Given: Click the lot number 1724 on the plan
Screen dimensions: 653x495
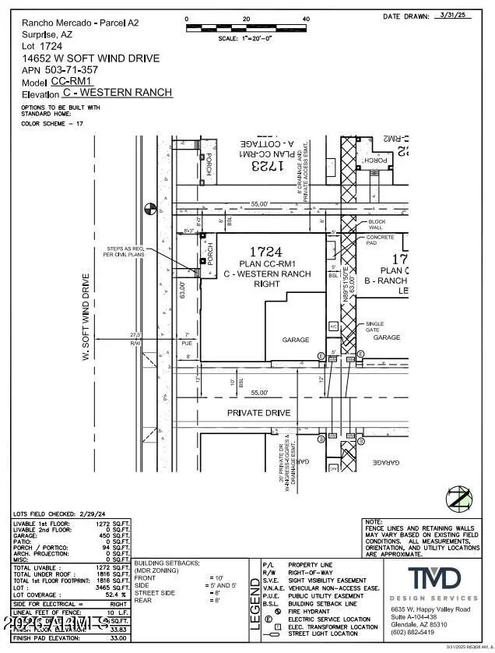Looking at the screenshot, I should [265, 252].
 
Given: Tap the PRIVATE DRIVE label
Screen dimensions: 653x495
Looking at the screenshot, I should [258, 412].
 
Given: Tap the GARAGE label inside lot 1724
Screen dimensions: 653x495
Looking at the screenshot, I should [296, 340].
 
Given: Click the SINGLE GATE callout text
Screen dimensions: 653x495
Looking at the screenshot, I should [376, 326].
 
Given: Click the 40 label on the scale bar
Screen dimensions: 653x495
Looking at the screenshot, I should [306, 19].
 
